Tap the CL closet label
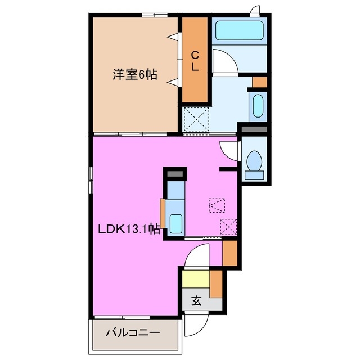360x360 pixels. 195,60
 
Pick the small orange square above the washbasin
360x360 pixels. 259,82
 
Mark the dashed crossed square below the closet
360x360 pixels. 197,119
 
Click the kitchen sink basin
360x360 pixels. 176,224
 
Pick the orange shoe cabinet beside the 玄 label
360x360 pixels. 217,284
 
